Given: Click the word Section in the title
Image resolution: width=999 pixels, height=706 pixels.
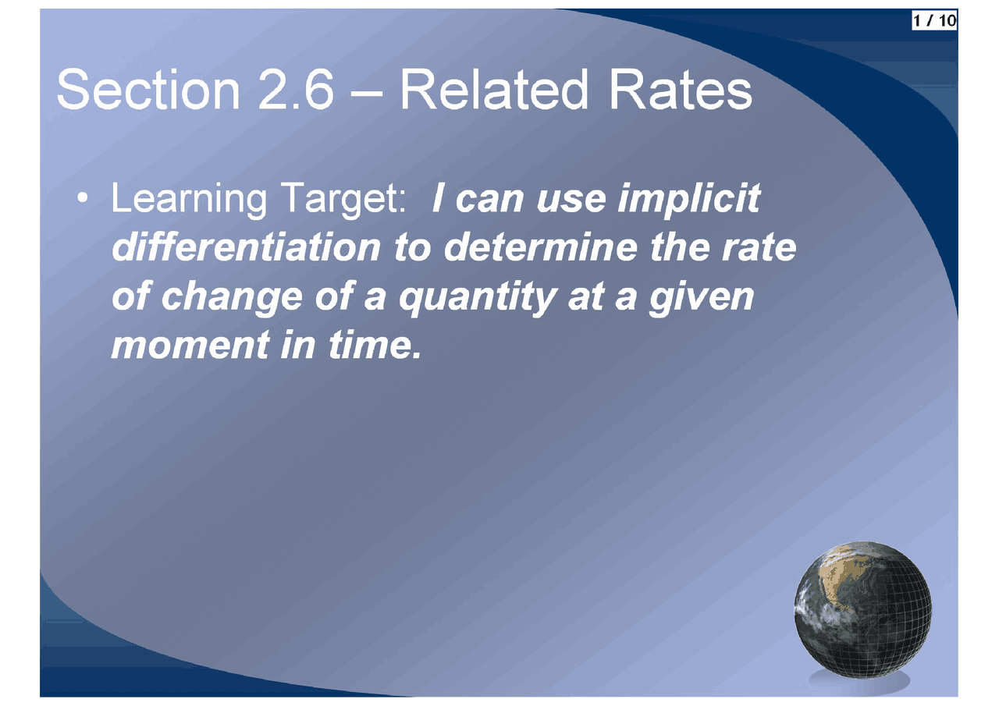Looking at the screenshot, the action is coord(148,89).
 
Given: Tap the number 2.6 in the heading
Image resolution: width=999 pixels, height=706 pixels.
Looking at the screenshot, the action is coord(296,90).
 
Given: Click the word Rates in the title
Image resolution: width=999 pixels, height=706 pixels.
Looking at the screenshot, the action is coord(681,90).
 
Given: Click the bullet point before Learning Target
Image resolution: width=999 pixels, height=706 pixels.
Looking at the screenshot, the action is coord(83,197).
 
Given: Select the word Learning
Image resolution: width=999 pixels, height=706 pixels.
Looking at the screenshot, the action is coord(189,199).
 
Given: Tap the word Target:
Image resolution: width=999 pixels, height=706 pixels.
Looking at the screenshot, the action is coord(344,199).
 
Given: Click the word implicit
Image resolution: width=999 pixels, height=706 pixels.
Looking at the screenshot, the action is coord(689,199).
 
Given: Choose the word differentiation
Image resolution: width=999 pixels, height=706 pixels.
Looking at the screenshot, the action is coord(246,247).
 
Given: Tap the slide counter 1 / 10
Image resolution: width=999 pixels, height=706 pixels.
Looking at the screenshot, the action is coord(934,21).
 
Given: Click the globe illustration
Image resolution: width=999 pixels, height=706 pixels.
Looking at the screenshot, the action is coord(862,610).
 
